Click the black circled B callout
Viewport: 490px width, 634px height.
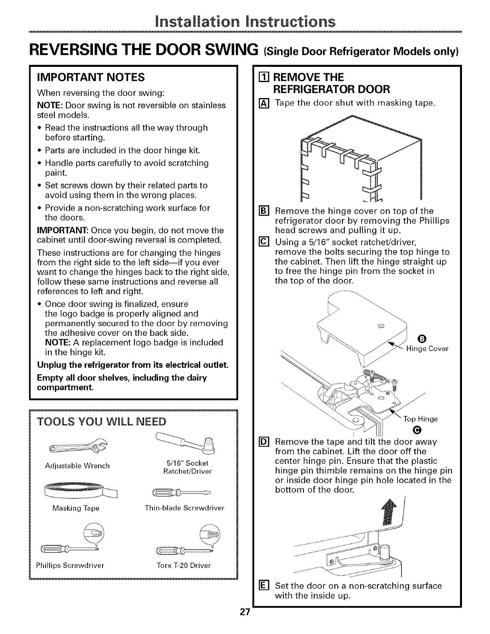click(x=420, y=338)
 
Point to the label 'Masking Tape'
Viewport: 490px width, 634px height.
click(x=76, y=508)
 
